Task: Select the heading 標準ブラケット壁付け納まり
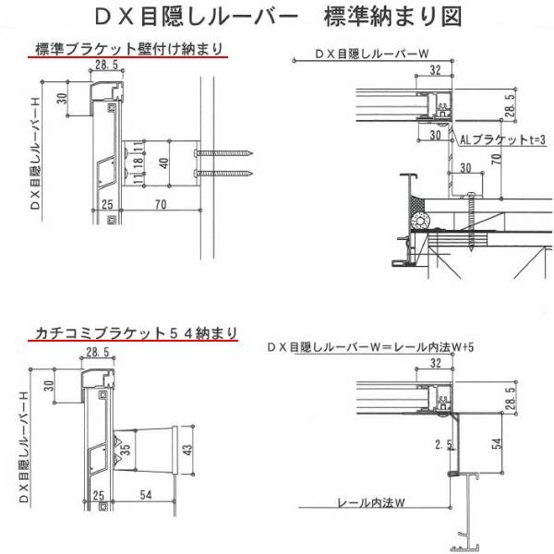pos(128,50)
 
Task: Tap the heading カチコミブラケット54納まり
pos(134,331)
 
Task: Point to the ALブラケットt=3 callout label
pos(503,138)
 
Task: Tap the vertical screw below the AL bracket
pos(472,222)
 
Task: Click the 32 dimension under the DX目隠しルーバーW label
pos(434,69)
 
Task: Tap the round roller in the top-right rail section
pos(424,222)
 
